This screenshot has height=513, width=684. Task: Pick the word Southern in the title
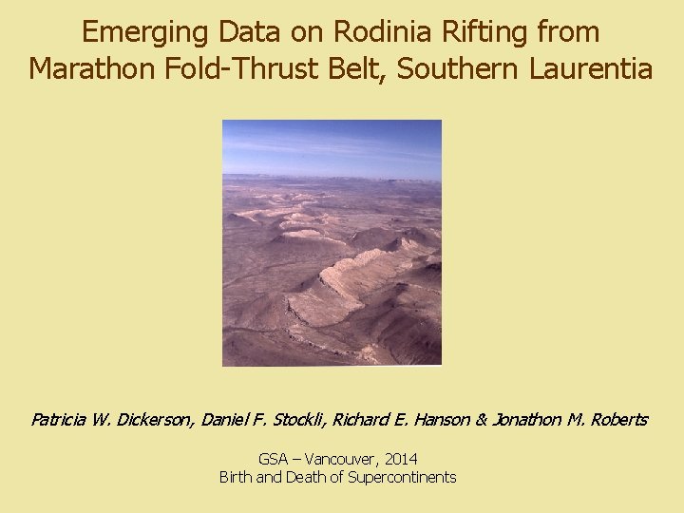(444, 69)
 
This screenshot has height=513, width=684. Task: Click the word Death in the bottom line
(303, 477)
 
